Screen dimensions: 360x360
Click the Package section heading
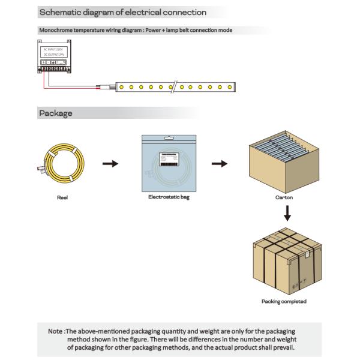point(55,113)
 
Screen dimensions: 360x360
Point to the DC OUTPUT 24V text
point(53,55)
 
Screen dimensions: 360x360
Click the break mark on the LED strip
point(174,87)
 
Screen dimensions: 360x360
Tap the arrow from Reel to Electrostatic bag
point(110,164)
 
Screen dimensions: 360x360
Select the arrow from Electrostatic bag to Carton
point(221,164)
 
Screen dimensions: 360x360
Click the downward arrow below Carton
point(287,213)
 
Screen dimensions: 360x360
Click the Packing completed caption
point(284,301)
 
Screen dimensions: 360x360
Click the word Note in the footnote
point(56,331)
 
